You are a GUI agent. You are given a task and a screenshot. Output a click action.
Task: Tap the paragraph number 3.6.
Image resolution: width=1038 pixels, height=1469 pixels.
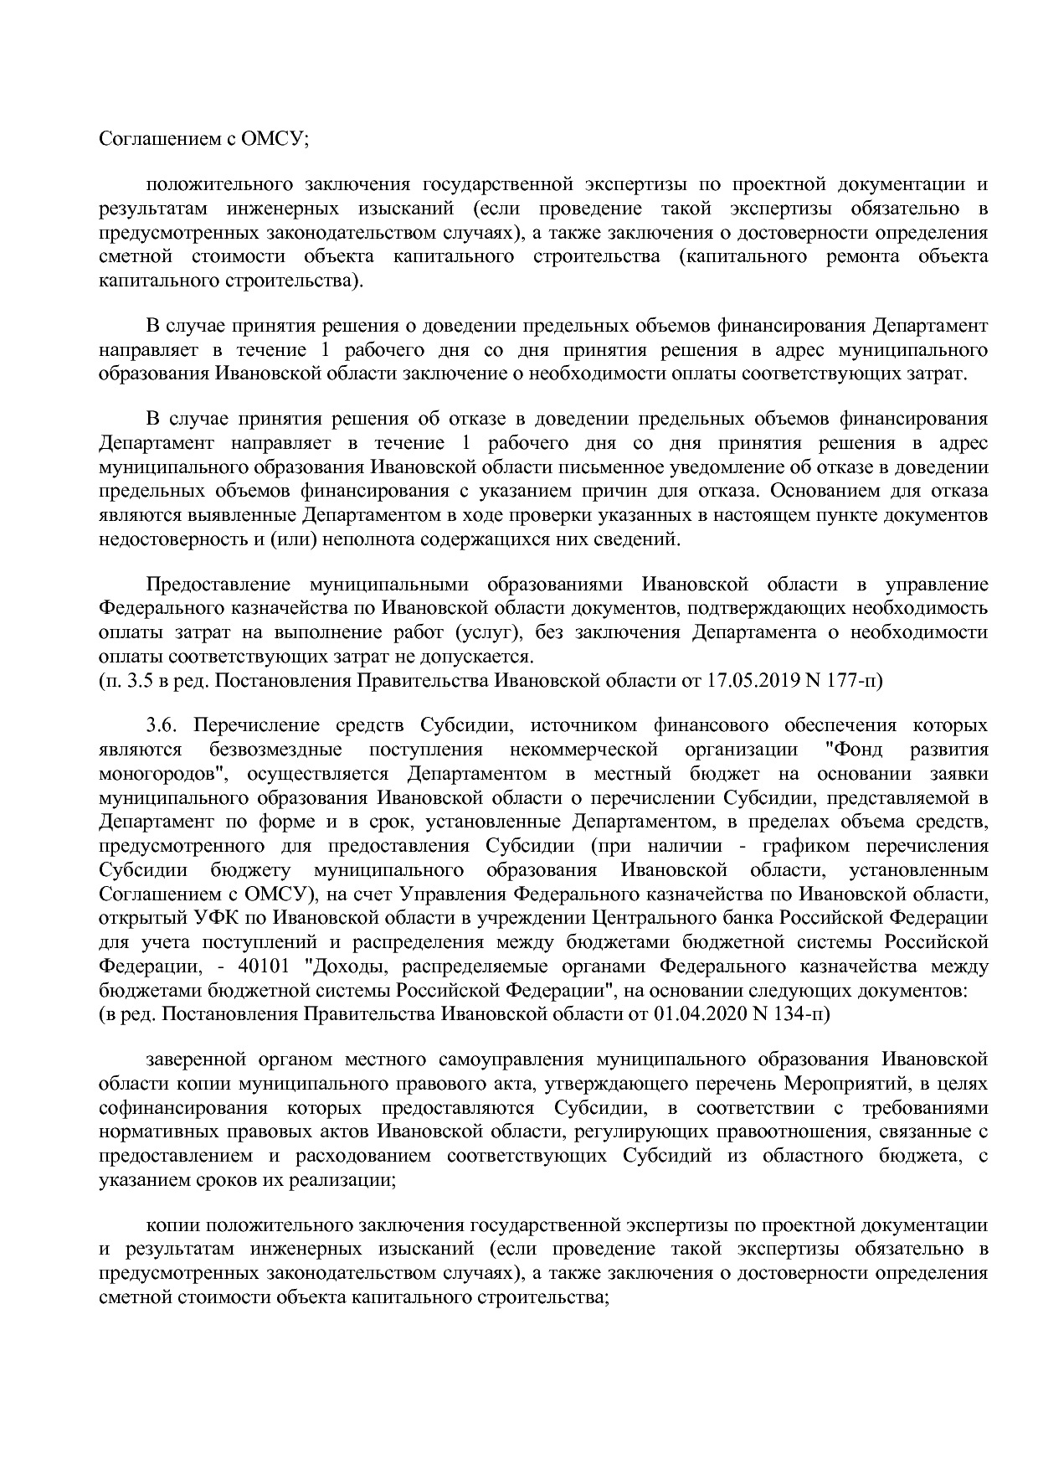tap(159, 724)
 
